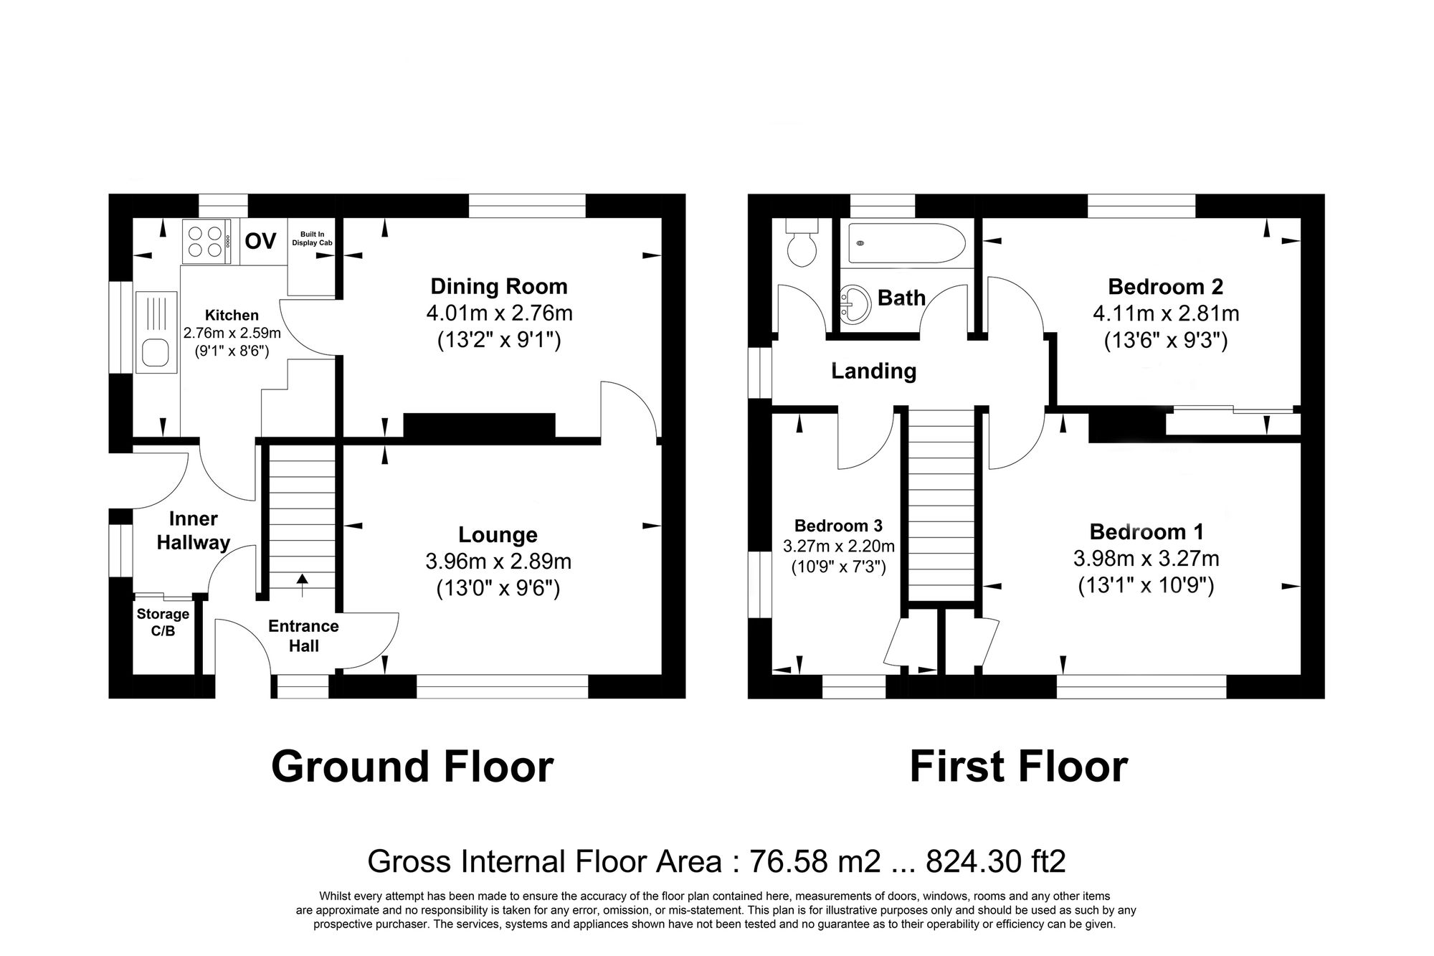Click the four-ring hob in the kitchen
pyautogui.click(x=206, y=241)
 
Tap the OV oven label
pyautogui.click(x=260, y=242)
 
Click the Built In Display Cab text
pyautogui.click(x=312, y=239)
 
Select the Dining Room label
pyautogui.click(x=498, y=286)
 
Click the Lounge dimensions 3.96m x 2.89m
pyautogui.click(x=498, y=561)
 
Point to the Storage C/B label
pyautogui.click(x=163, y=622)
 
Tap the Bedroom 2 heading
pyautogui.click(x=1165, y=287)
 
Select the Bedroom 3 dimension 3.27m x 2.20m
pyautogui.click(x=838, y=546)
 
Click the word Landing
pyautogui.click(x=873, y=371)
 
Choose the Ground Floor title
pyautogui.click(x=412, y=767)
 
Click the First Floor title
pyautogui.click(x=1018, y=767)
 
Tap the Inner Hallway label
pyautogui.click(x=193, y=531)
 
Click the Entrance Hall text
pyautogui.click(x=303, y=635)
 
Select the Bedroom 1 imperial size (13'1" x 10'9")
pyautogui.click(x=1146, y=586)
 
